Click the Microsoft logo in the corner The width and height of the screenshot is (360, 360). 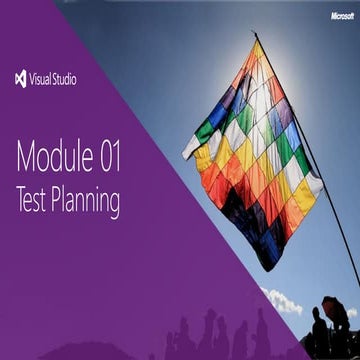tap(343, 16)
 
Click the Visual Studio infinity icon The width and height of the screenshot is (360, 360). tap(21, 79)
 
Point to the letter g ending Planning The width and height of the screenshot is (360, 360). tap(114, 205)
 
